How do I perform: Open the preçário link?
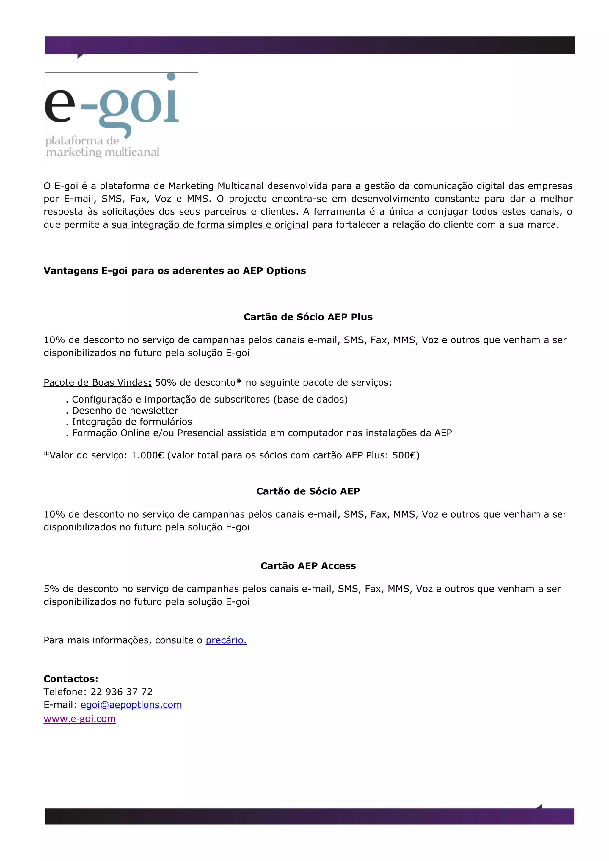(x=226, y=640)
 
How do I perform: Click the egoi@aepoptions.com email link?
(x=131, y=705)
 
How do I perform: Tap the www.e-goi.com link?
(x=79, y=719)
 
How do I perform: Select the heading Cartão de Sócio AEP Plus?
(x=308, y=317)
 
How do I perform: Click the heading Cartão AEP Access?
(x=308, y=565)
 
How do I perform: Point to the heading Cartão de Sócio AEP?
(x=308, y=491)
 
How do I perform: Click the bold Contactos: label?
(x=71, y=679)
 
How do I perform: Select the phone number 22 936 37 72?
(x=122, y=692)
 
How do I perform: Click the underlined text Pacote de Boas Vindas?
(x=96, y=383)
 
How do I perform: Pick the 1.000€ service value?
(x=147, y=455)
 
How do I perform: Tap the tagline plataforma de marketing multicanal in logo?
(x=102, y=147)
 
